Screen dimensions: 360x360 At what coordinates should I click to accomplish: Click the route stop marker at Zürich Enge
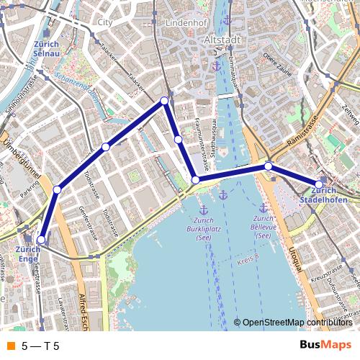point(41,240)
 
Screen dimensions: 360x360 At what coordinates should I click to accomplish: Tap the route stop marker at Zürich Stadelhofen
point(319,184)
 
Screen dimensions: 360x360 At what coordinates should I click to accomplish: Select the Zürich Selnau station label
point(45,48)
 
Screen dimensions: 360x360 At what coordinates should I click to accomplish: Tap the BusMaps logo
point(325,345)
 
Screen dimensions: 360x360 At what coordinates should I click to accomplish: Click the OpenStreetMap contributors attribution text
point(297,322)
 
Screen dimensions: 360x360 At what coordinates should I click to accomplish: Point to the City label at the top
point(105,22)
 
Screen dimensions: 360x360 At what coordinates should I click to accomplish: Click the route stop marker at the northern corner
point(165,101)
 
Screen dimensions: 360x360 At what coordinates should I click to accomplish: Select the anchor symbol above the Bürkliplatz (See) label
point(223,195)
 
